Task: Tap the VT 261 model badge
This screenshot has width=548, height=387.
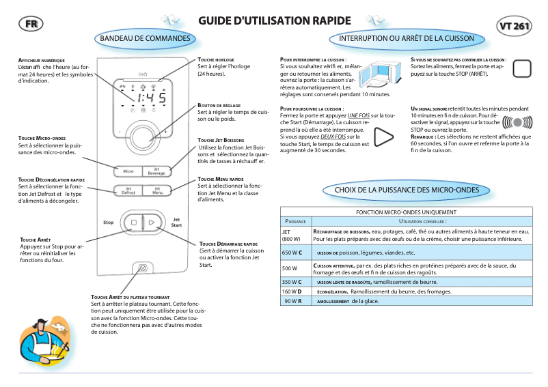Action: (x=515, y=27)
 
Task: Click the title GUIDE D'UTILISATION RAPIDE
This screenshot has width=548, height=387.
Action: (x=274, y=21)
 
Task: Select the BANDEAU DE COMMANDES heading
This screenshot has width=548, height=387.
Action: (x=145, y=39)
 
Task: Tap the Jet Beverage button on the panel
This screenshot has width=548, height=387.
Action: (x=156, y=170)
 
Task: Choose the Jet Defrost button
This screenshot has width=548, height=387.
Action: (x=128, y=190)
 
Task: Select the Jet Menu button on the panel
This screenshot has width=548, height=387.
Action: (x=156, y=190)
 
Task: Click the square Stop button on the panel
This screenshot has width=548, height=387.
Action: (x=134, y=223)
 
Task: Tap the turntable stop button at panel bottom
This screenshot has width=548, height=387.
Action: (x=142, y=268)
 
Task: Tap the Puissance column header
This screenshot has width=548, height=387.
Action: (x=295, y=221)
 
